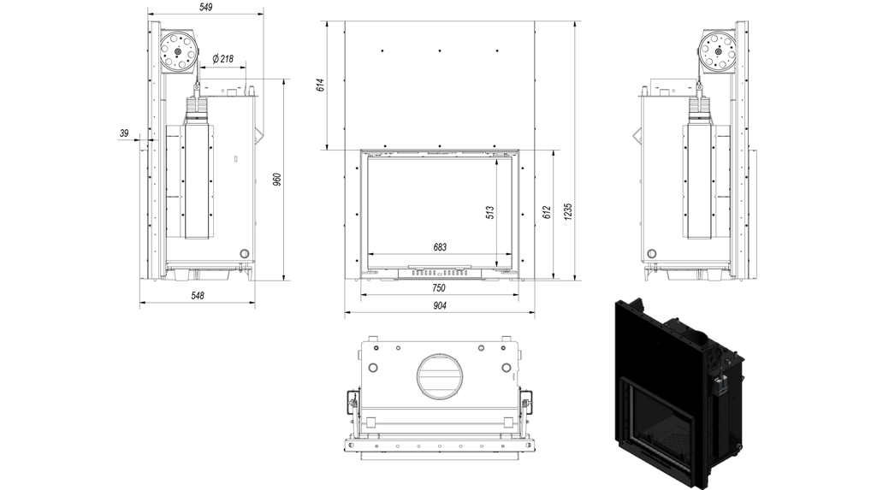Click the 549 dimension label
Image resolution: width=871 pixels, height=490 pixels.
[x=205, y=7]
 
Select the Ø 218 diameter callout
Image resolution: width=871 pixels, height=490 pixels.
[x=223, y=58]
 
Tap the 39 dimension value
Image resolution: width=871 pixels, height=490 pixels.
[x=124, y=133]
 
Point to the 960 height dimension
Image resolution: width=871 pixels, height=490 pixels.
[x=277, y=180]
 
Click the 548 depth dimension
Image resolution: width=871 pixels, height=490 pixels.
[x=197, y=296]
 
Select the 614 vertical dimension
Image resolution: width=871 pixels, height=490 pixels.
[x=321, y=85]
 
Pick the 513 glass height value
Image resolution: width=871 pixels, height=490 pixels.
[x=490, y=213]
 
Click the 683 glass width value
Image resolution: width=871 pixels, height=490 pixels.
[x=440, y=247]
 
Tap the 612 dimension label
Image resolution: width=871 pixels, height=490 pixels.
[x=547, y=213]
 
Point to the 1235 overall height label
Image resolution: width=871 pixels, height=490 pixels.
[x=567, y=211]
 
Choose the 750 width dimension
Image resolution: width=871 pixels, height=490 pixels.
[x=438, y=288]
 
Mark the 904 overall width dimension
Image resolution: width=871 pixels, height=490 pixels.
[x=440, y=305]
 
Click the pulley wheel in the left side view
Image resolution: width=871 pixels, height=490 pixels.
[x=178, y=51]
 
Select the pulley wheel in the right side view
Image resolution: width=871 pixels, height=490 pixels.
[x=718, y=51]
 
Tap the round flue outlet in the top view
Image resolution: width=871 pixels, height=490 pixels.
[x=440, y=375]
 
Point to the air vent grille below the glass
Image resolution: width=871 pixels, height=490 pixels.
[x=440, y=273]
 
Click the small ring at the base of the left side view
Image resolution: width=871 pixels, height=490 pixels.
[x=245, y=254]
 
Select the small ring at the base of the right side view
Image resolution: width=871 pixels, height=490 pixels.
[x=651, y=254]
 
